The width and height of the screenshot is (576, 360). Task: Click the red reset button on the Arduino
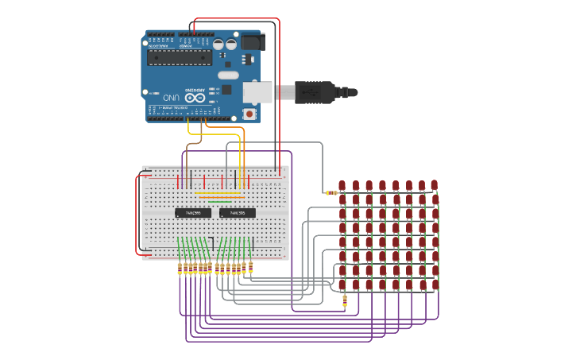[249, 114]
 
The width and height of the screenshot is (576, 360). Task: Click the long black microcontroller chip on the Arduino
[180, 57]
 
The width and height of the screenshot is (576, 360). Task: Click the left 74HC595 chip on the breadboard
[193, 213]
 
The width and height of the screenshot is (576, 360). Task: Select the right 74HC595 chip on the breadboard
[238, 213]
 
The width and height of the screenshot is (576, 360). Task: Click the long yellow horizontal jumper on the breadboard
[218, 192]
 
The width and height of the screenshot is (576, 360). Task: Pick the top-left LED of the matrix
[342, 185]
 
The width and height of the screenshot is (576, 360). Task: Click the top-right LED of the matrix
[435, 184]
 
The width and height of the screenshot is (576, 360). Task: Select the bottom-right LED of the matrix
[435, 284]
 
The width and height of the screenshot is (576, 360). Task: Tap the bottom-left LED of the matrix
[342, 285]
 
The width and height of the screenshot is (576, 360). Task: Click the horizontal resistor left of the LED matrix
[331, 192]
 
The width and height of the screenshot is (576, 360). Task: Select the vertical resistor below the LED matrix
[344, 300]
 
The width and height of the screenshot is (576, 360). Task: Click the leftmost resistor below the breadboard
[180, 269]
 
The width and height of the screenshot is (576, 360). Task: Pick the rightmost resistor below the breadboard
[250, 266]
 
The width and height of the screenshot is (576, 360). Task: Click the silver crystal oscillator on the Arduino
[228, 75]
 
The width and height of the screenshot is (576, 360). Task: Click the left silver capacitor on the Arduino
[218, 45]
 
